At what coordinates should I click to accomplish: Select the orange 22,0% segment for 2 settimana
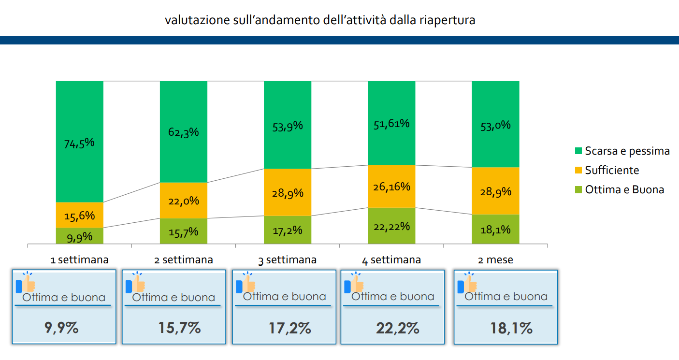184,201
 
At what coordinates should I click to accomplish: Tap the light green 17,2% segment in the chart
288,230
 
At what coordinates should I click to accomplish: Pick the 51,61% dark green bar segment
391,123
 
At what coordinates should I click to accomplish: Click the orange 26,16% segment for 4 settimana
391,187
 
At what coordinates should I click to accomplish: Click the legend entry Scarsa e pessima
627,151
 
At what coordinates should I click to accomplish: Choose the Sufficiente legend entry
611,170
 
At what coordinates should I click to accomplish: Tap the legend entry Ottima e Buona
624,189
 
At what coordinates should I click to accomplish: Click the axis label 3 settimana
288,260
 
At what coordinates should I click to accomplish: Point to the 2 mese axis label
495,260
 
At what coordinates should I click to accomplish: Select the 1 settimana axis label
80,260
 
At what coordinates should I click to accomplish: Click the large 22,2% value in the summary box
397,329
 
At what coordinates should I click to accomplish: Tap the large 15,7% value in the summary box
179,328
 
